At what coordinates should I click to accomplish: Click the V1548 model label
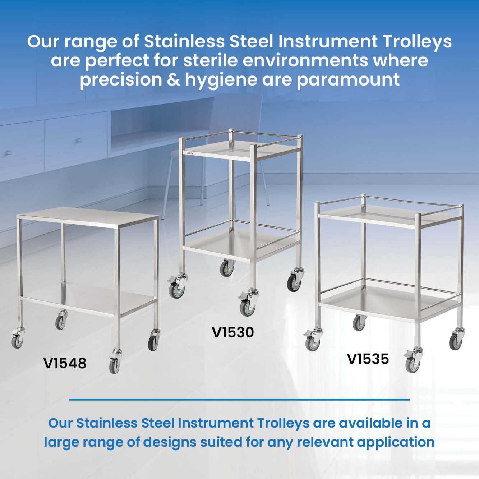click(65, 363)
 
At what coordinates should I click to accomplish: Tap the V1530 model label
click(233, 332)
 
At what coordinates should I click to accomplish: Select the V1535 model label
click(368, 359)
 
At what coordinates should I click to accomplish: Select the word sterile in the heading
click(211, 60)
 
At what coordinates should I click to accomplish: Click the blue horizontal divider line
click(239, 400)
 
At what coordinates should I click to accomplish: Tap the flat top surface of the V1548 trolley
click(87, 217)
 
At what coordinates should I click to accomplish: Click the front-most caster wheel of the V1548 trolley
click(114, 366)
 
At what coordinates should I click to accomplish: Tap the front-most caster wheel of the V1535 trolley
click(413, 364)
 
